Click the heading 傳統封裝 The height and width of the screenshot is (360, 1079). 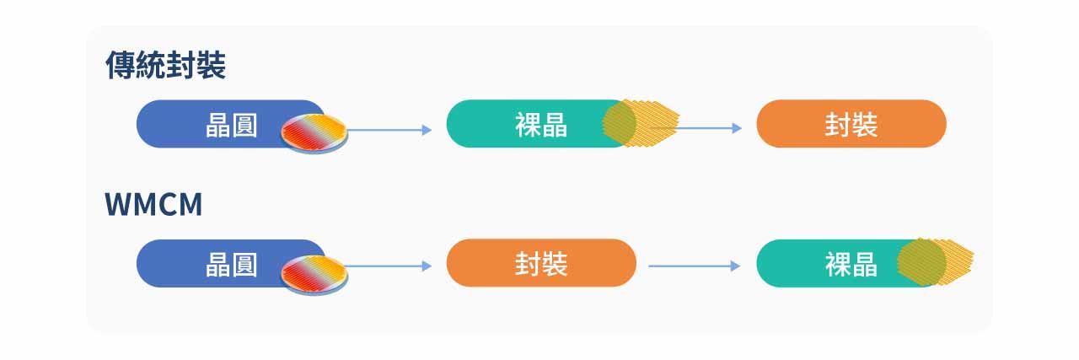165,66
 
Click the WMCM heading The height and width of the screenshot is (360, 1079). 153,205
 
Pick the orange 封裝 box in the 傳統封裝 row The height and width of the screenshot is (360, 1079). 851,124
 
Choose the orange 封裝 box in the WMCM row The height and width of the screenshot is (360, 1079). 540,263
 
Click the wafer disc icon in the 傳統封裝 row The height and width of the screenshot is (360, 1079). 314,132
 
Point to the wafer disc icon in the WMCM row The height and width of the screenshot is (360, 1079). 314,271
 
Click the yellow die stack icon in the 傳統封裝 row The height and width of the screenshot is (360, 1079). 641,123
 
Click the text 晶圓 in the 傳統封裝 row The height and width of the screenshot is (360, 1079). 231,126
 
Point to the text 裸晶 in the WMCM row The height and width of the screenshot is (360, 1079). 851,265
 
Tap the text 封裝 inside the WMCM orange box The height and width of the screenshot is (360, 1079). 540,264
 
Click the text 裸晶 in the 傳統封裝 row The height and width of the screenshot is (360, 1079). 540,126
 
